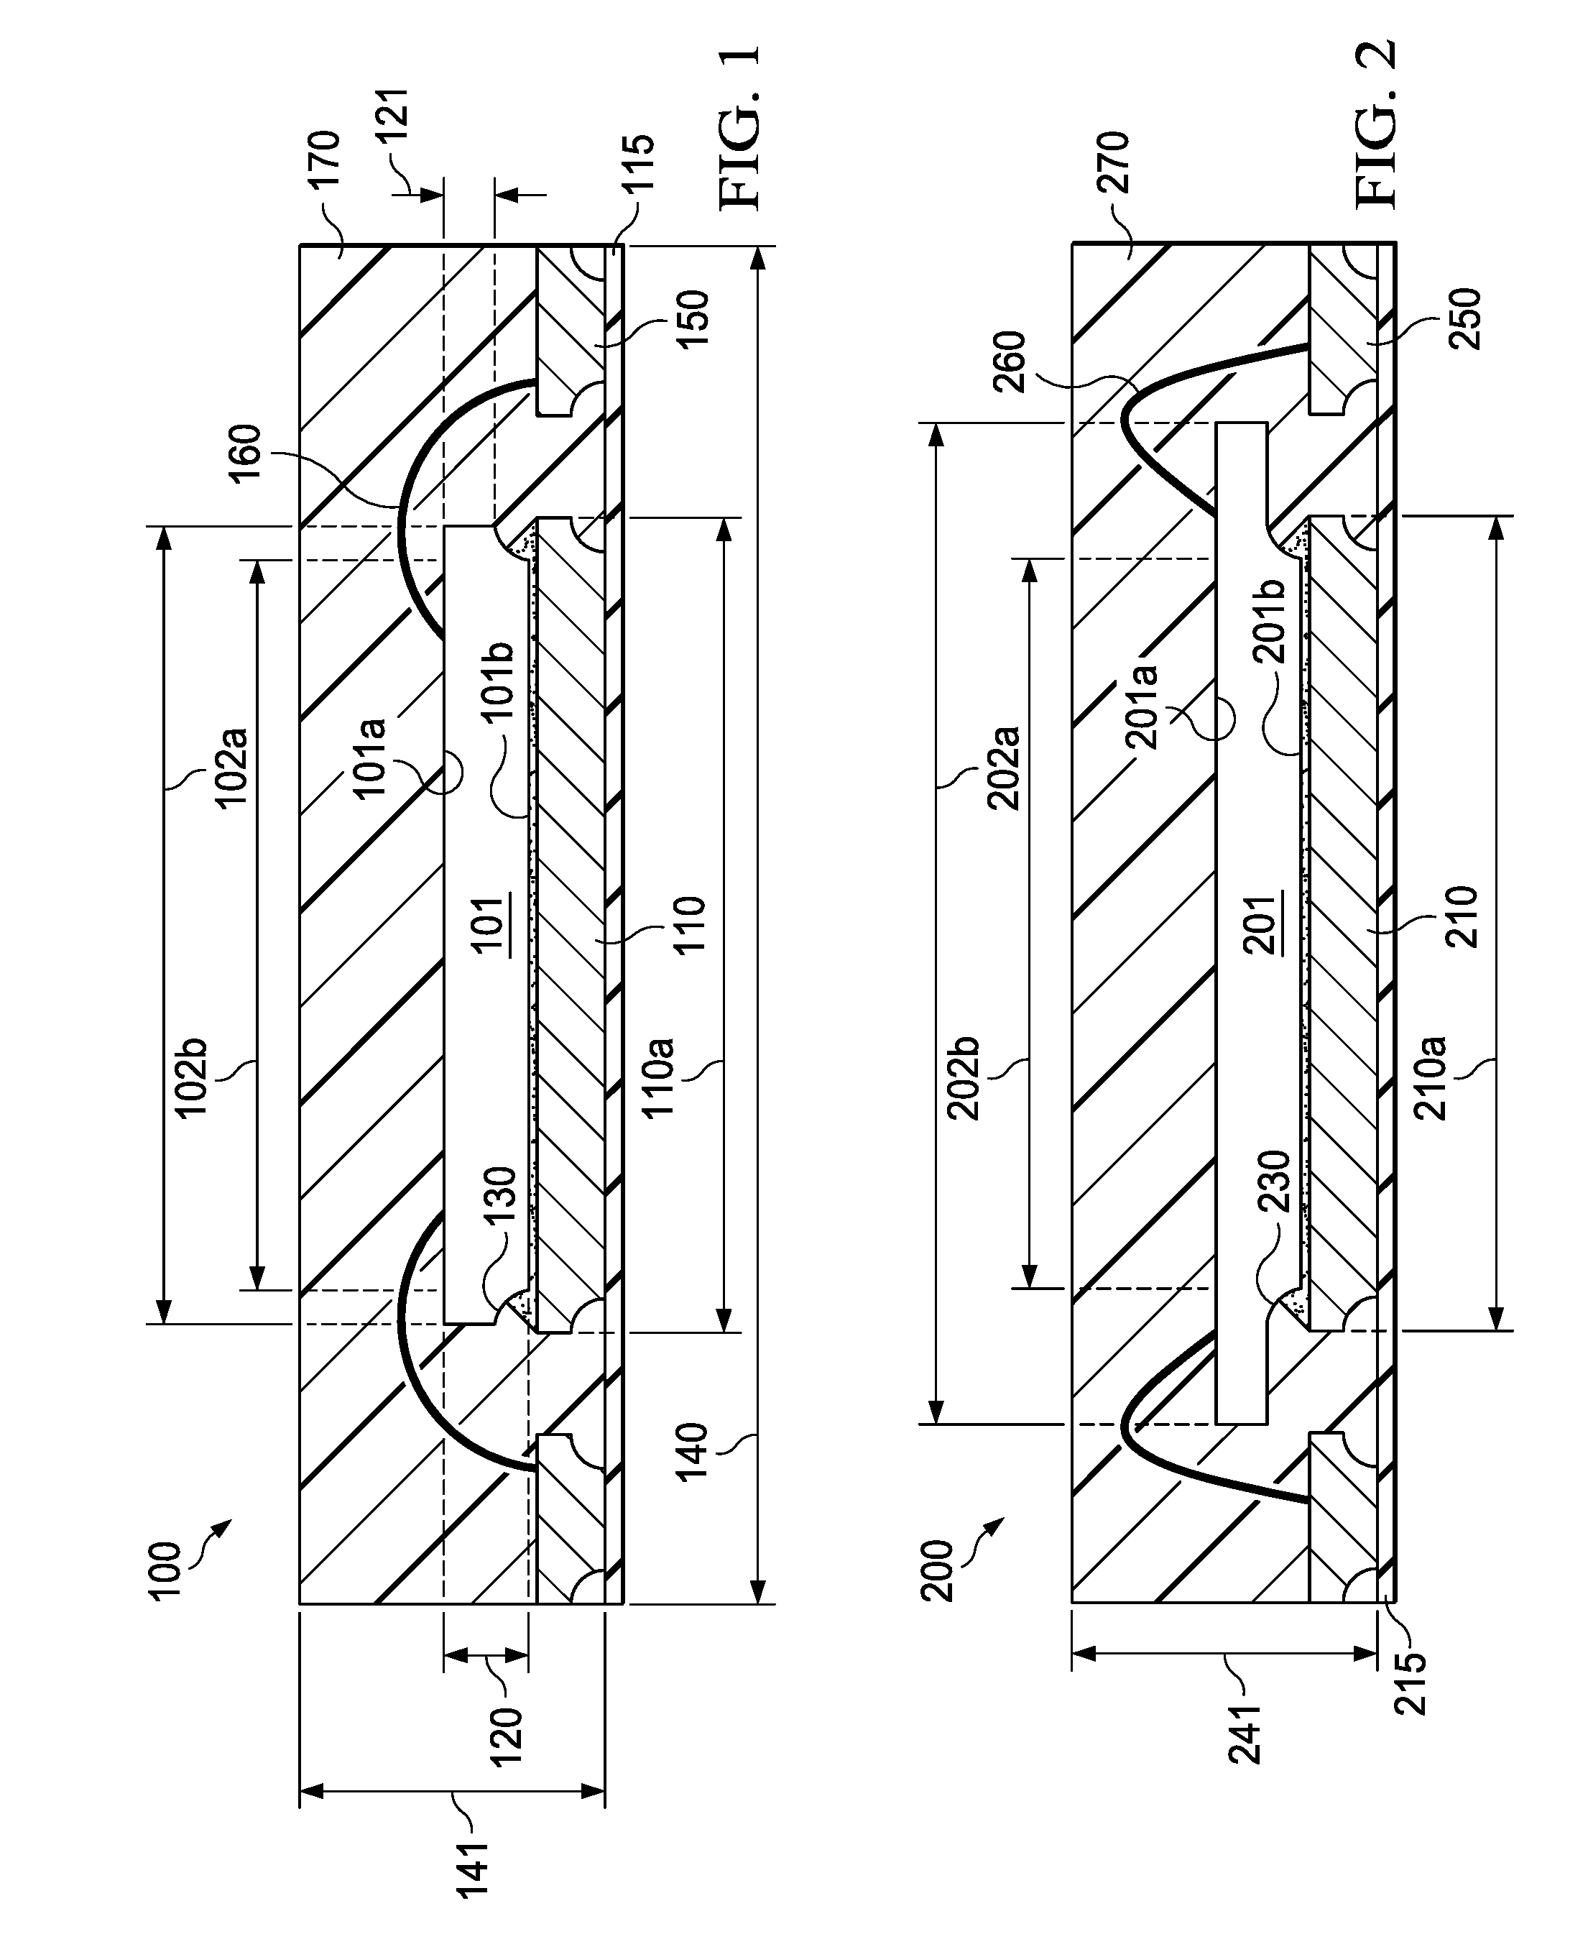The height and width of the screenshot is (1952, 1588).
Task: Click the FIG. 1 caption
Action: click(x=739, y=130)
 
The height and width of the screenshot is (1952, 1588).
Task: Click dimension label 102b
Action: click(x=192, y=1077)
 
